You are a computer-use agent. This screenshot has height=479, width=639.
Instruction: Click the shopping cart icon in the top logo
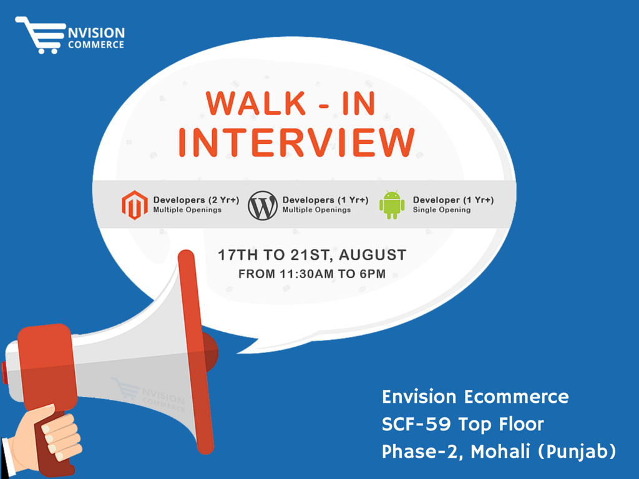[40, 35]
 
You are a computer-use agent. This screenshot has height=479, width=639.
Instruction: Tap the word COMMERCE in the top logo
[96, 45]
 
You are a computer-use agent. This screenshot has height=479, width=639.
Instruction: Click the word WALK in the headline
[256, 104]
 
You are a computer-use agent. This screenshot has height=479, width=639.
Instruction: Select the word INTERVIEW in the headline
[296, 142]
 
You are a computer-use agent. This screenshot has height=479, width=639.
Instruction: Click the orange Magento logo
[135, 205]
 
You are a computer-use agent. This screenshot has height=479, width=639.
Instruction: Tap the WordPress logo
[263, 206]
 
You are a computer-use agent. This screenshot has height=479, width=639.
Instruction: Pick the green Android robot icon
[392, 205]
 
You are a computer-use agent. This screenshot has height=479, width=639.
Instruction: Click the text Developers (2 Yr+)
[196, 200]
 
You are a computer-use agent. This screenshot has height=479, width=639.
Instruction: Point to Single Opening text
[442, 210]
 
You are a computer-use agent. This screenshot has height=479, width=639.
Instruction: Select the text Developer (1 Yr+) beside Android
[453, 200]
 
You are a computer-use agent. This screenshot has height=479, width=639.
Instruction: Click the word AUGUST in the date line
[373, 255]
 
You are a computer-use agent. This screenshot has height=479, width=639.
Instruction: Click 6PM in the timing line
[373, 274]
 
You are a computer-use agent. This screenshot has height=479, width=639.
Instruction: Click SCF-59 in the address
[416, 424]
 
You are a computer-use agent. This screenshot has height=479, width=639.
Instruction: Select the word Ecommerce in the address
[516, 397]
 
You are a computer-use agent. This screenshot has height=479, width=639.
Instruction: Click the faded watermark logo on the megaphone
[149, 394]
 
